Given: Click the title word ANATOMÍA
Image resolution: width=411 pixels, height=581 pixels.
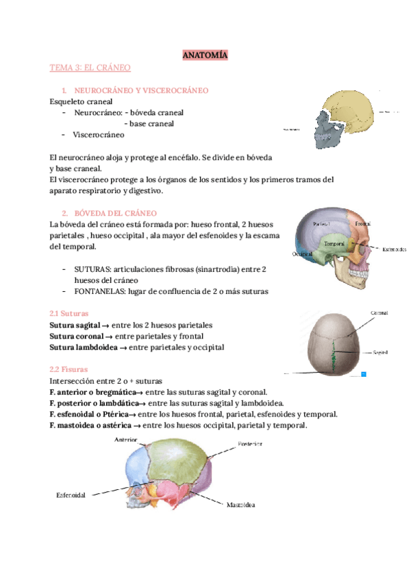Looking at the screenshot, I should pos(205,54).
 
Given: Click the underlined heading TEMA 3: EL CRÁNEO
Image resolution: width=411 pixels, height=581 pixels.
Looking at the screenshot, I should pos(90,68).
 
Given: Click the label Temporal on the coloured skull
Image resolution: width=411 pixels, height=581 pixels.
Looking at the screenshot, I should pos(334,243).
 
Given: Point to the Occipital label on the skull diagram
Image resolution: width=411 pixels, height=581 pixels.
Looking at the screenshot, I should pos(302,254).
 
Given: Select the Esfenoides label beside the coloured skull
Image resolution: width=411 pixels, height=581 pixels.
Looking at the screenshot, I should pos(395,249).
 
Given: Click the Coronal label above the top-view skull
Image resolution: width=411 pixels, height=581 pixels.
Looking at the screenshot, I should pos(379,312).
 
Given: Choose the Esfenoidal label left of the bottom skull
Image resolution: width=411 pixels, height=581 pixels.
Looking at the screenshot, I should pos(71,495).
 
